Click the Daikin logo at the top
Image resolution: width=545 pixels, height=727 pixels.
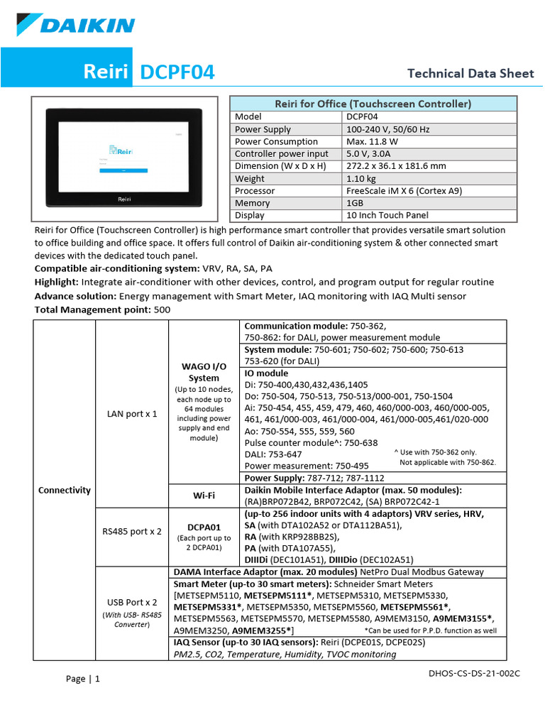tap(77, 26)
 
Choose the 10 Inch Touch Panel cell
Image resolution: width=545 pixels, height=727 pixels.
tap(387, 215)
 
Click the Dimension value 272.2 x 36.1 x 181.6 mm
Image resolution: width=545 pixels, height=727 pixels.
tap(396, 166)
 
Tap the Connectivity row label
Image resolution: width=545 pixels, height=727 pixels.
tap(64, 490)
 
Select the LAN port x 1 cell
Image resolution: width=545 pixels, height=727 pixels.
tap(132, 412)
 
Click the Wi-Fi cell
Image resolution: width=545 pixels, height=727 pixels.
tap(204, 495)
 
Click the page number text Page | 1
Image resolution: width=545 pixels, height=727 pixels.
tap(83, 679)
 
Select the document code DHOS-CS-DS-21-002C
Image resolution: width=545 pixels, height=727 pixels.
tap(475, 672)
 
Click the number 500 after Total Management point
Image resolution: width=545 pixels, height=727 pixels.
tap(162, 310)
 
